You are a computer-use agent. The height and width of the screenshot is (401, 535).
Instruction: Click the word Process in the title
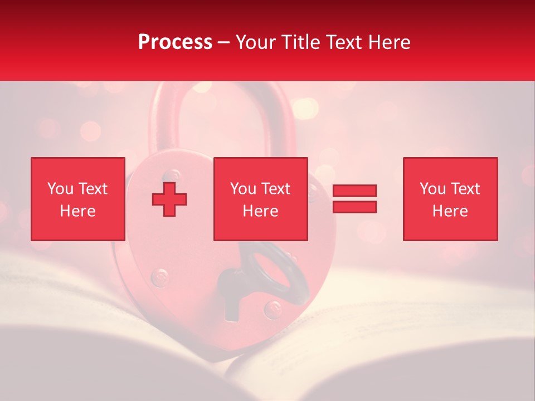[175, 42]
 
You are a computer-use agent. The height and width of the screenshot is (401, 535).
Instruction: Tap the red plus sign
[169, 199]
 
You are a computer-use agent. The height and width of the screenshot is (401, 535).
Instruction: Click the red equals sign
[354, 199]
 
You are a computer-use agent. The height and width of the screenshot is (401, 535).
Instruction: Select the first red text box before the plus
[78, 199]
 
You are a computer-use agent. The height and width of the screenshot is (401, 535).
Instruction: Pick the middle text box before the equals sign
[261, 199]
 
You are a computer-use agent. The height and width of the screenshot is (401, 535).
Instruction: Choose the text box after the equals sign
[450, 199]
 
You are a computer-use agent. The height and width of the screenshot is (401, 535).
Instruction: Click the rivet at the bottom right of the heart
[273, 307]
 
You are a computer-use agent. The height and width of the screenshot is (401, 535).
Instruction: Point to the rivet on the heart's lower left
[160, 276]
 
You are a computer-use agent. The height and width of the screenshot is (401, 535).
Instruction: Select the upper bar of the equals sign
[354, 191]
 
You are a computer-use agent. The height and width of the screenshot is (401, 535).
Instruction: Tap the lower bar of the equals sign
[354, 207]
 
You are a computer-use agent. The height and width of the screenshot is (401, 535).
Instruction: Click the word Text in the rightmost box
[465, 189]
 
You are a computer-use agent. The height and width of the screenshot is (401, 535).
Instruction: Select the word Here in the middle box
[261, 211]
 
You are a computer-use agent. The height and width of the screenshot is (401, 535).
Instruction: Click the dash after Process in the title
[223, 42]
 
